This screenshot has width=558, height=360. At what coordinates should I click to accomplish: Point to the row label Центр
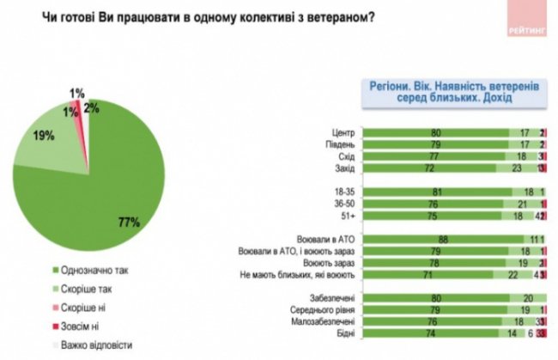point(343,133)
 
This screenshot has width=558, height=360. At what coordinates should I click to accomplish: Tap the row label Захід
point(343,170)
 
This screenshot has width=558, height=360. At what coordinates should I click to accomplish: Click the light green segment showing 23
point(518,170)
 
